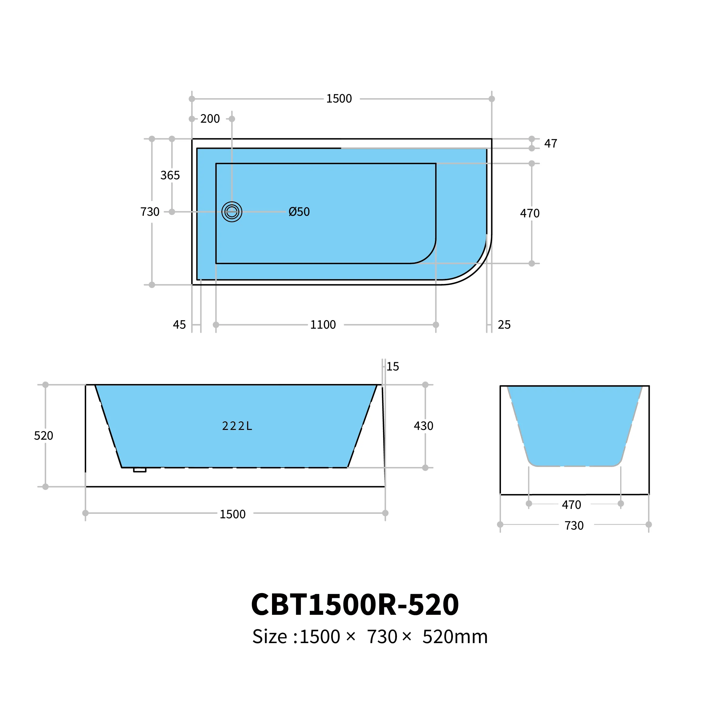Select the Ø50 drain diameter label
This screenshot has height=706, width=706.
point(299,212)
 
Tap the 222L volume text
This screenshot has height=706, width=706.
point(237,426)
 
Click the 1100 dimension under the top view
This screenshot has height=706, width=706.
point(323,325)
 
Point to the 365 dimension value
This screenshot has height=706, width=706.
point(170,175)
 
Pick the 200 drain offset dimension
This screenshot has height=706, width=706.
point(210,119)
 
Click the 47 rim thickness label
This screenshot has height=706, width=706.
point(551,144)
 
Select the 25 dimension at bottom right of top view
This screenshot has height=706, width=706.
point(504,325)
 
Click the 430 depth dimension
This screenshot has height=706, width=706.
point(424,426)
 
